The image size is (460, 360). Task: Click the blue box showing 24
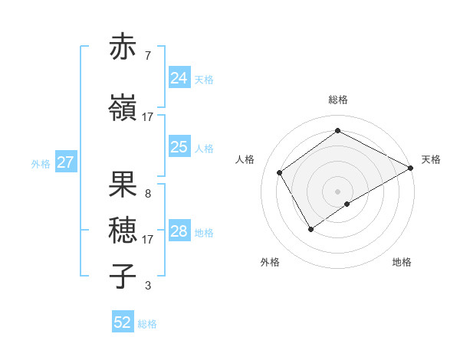click(x=179, y=78)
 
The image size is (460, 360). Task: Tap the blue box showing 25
click(x=179, y=147)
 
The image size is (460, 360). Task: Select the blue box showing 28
click(x=179, y=231)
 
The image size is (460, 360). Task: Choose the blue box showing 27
click(x=65, y=162)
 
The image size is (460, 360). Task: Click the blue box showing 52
click(x=123, y=322)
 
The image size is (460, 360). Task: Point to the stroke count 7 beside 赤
click(x=147, y=56)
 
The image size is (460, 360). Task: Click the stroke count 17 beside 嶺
click(x=147, y=116)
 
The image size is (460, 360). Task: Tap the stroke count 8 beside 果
click(x=147, y=193)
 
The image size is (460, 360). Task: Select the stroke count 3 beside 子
click(x=147, y=286)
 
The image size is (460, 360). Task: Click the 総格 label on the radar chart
click(x=337, y=100)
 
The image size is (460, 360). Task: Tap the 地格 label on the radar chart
click(x=402, y=262)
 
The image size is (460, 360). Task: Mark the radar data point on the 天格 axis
click(x=411, y=168)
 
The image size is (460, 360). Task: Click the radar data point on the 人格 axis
click(x=280, y=172)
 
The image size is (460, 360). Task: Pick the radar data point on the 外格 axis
click(x=310, y=228)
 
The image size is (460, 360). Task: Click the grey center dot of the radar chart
click(x=337, y=191)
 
